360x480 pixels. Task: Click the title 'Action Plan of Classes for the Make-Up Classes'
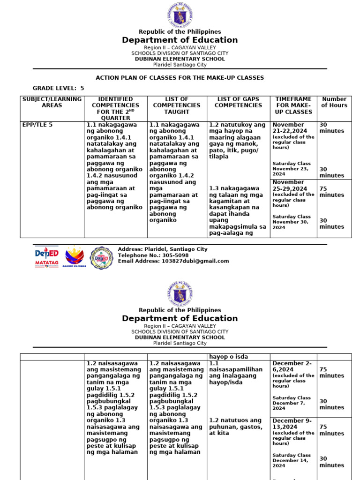click(180, 78)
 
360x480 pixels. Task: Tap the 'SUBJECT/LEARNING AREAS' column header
click(52, 102)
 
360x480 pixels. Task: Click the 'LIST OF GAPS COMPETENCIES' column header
click(238, 102)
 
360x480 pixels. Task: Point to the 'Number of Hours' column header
click(334, 102)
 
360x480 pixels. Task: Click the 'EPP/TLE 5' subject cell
click(37, 125)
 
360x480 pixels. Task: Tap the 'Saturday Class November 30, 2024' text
click(292, 222)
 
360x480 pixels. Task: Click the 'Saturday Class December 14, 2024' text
click(292, 461)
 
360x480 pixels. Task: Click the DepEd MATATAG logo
click(46, 257)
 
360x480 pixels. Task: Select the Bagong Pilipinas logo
click(74, 257)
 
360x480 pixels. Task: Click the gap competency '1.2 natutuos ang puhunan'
click(235, 427)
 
